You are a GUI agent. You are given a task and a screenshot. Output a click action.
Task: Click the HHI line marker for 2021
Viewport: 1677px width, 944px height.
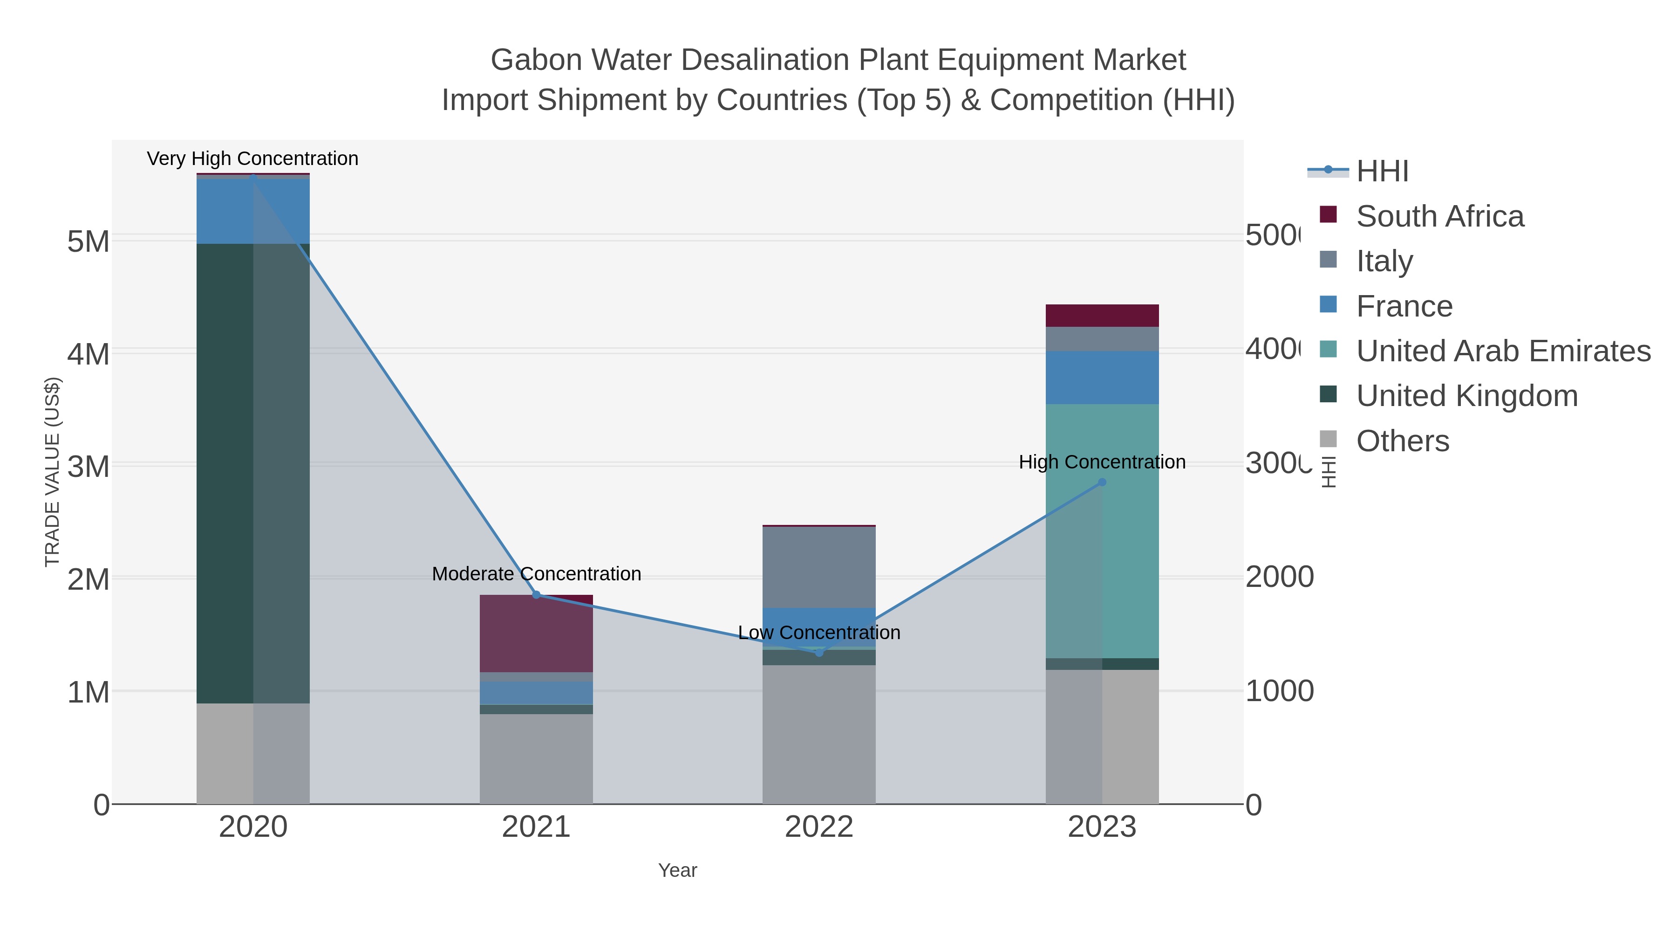[x=537, y=595]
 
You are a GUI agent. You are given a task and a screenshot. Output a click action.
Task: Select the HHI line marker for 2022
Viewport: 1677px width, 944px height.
[x=819, y=653]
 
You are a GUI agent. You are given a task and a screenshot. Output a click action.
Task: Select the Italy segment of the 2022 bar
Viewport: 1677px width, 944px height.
[x=819, y=567]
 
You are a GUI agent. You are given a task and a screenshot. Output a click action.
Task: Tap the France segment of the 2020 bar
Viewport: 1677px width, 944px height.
[x=225, y=211]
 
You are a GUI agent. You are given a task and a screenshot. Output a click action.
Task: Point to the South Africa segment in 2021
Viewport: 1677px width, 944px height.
[x=537, y=633]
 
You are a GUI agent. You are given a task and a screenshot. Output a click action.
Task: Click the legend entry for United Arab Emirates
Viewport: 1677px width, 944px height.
[x=1503, y=351]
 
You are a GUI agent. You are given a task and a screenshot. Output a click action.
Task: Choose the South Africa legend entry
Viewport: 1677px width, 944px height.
[x=1440, y=216]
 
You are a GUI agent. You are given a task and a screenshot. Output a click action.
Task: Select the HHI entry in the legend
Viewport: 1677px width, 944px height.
[x=1382, y=172]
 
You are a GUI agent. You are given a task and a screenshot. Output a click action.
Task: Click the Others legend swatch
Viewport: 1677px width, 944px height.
[x=1328, y=440]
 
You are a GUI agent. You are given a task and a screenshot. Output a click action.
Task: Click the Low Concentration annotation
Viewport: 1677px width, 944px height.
[x=819, y=633]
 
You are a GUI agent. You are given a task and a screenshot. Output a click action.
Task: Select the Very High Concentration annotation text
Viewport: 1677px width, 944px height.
[x=252, y=158]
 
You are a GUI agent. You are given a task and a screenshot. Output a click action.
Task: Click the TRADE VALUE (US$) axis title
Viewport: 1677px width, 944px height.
[x=52, y=472]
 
